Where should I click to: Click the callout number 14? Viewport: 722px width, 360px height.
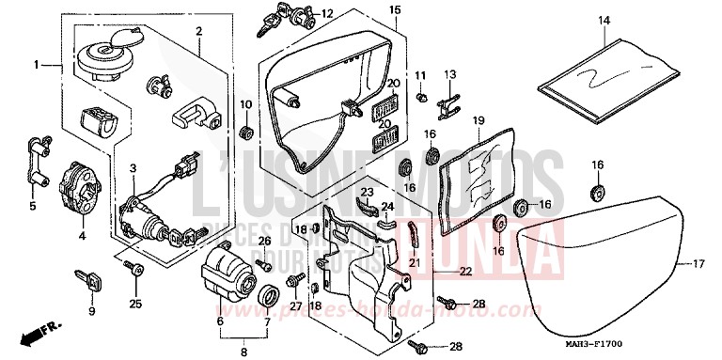[x=603, y=20]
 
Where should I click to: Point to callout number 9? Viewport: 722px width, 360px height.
[x=91, y=312]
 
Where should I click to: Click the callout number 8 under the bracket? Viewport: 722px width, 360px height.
[x=243, y=353]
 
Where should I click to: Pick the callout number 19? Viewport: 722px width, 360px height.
[x=478, y=121]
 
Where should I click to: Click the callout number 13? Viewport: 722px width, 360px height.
[x=448, y=74]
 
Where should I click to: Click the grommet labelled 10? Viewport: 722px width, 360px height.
[x=247, y=129]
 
